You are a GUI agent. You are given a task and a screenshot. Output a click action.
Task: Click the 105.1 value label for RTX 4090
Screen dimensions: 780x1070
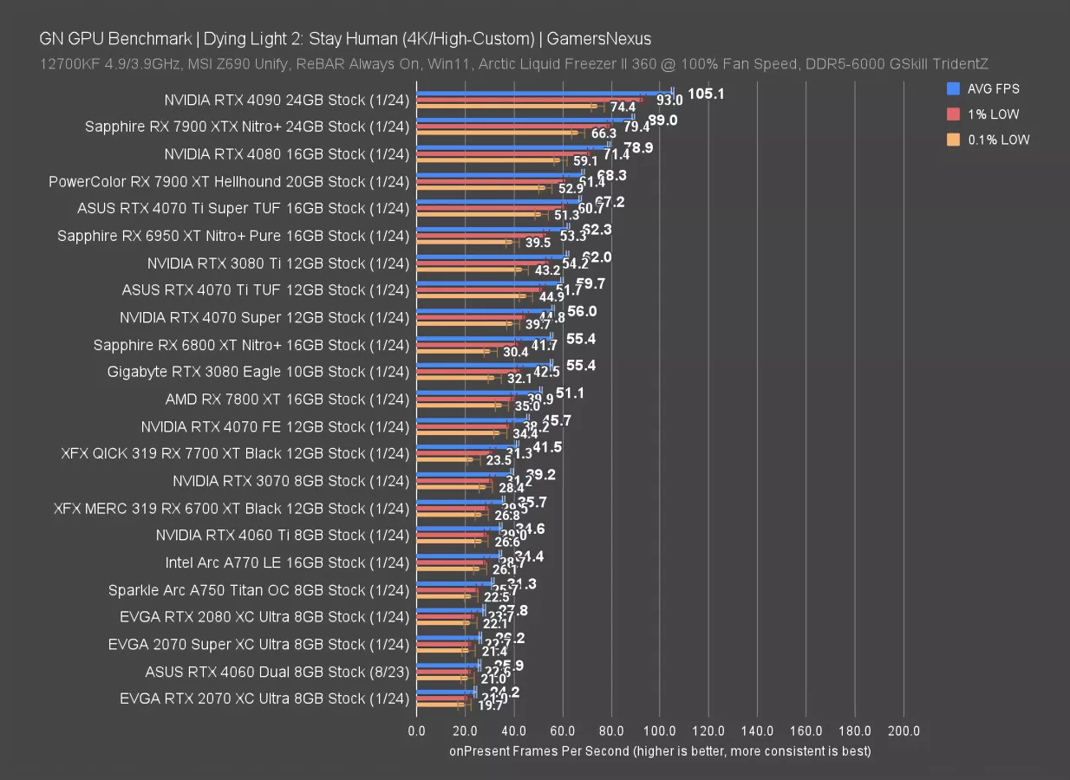pos(706,94)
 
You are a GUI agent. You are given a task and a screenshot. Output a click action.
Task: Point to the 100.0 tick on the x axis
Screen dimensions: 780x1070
pos(660,731)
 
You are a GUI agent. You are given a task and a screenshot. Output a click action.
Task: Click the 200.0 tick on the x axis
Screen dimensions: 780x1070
pos(904,731)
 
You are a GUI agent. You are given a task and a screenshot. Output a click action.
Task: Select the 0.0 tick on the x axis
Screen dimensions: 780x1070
pos(416,731)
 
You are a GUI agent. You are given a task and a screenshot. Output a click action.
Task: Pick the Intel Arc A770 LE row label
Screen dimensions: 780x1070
pos(286,562)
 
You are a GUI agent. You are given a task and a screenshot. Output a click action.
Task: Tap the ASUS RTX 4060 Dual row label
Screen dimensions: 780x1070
pos(277,671)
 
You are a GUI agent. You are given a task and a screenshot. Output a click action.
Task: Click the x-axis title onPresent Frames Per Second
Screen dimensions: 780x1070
pos(660,751)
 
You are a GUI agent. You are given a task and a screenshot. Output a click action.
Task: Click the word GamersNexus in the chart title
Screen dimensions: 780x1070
pos(599,38)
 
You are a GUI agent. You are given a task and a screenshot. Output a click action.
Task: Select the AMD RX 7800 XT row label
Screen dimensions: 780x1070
pos(286,399)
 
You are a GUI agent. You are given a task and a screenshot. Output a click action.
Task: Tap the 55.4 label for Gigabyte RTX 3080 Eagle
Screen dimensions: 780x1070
pos(580,366)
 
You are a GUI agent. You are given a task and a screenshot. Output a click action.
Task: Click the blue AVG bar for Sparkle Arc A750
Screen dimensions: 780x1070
pos(454,582)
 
